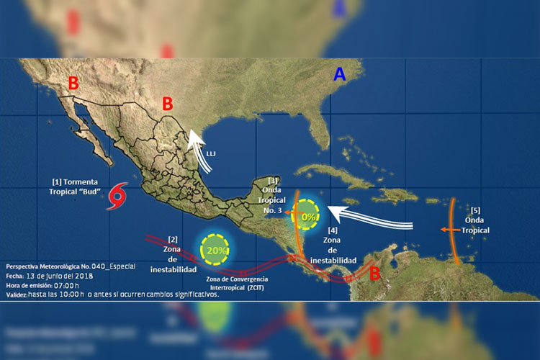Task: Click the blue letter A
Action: pyautogui.click(x=340, y=74)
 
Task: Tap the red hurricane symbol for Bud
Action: pyautogui.click(x=117, y=197)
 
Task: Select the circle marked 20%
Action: pyautogui.click(x=215, y=248)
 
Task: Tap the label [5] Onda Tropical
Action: pyautogui.click(x=476, y=220)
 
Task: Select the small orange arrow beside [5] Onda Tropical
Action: pyautogui.click(x=449, y=230)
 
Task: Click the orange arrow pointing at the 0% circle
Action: pyautogui.click(x=288, y=213)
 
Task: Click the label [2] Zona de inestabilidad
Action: pyautogui.click(x=173, y=253)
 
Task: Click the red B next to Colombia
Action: pyautogui.click(x=374, y=274)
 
